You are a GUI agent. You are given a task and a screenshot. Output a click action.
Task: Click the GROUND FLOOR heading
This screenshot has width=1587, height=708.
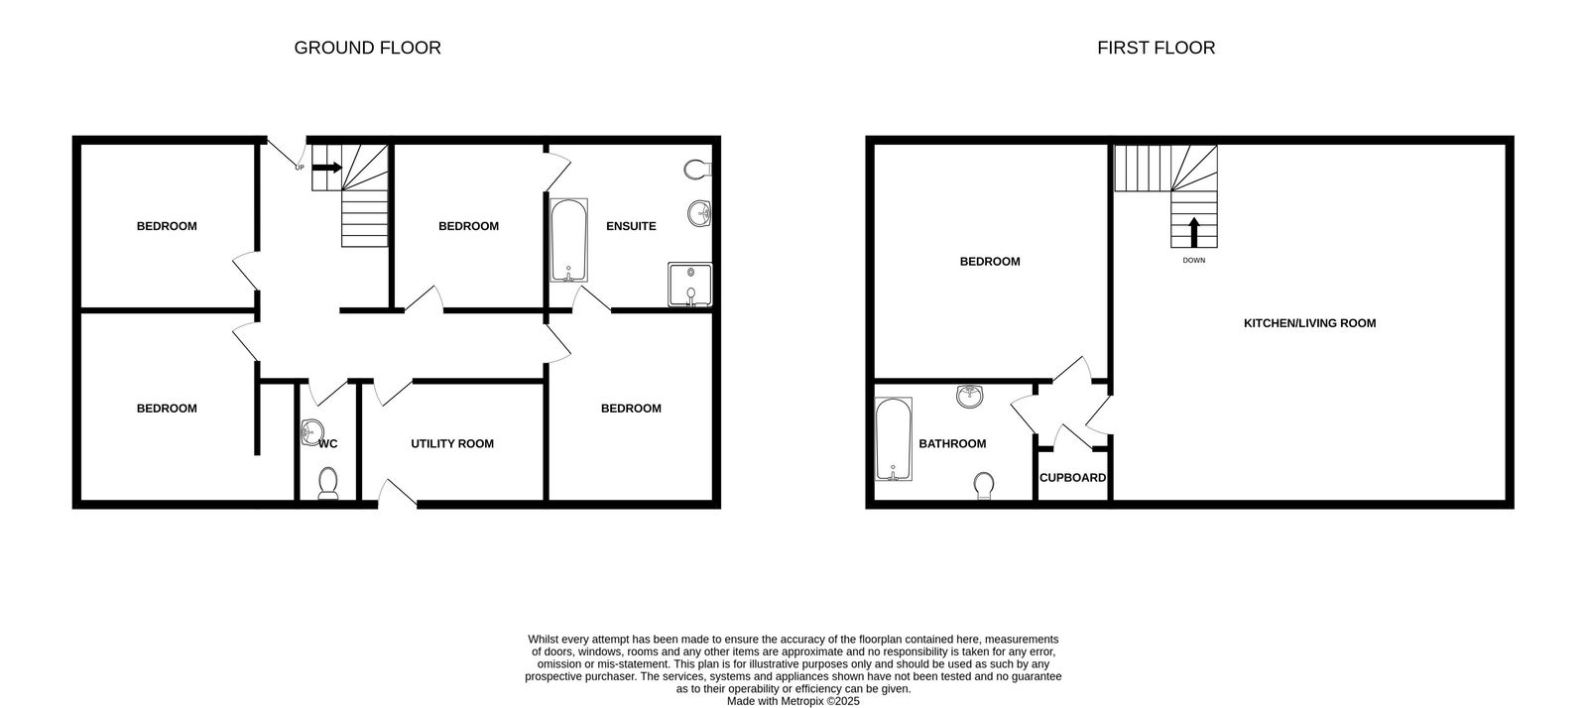point(367,48)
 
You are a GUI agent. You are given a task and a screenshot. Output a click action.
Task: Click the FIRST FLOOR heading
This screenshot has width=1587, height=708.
point(1156,48)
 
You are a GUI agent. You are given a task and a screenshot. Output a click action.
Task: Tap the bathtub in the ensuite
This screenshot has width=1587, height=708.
point(568,241)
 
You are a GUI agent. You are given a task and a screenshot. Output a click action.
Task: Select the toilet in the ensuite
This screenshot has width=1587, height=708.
point(697,170)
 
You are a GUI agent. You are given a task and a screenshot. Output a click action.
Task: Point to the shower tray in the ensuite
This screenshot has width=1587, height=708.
point(689,284)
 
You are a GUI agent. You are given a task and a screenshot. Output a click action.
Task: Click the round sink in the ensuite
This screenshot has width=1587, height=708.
point(699,212)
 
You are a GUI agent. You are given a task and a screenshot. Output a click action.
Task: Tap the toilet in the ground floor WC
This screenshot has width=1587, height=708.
point(328,483)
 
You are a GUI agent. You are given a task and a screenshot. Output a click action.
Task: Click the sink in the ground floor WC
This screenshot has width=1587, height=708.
point(310,431)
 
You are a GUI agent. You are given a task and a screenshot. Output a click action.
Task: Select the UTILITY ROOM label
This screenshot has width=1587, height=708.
point(452,443)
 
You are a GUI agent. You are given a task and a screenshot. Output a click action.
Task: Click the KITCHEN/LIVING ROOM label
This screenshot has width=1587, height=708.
point(1309,323)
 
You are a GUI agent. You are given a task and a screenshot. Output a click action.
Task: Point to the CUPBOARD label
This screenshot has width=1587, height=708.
point(1072,478)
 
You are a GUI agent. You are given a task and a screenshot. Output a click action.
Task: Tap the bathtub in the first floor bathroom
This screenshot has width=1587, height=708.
point(893,439)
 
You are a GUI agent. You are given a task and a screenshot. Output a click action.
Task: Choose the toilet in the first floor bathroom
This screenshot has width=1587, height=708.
point(984,485)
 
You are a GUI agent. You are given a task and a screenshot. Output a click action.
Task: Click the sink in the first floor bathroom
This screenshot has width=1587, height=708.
point(970,397)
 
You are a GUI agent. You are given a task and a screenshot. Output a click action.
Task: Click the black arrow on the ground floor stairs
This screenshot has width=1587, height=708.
point(326,168)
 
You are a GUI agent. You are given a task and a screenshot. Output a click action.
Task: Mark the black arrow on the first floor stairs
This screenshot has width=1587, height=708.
point(1193,232)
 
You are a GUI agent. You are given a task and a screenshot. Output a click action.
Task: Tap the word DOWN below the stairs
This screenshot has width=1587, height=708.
point(1193,261)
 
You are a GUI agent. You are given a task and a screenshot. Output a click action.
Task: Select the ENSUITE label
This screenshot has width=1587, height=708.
point(631,226)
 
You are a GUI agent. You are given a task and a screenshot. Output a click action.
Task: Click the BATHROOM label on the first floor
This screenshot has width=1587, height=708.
point(952,443)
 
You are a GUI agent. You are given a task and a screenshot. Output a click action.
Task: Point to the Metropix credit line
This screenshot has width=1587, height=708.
point(793,701)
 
